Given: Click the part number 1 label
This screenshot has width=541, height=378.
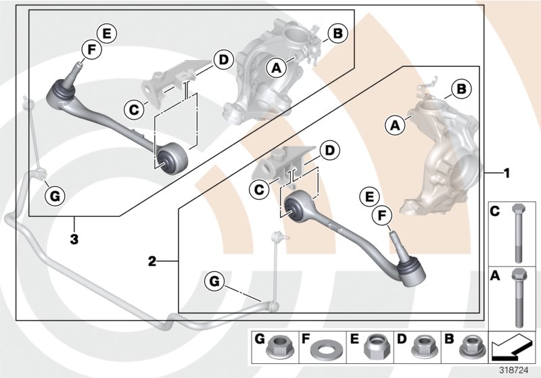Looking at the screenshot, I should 505,173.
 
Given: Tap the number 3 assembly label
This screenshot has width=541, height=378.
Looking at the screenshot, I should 74,238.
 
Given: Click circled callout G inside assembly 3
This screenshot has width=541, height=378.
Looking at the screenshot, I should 55,196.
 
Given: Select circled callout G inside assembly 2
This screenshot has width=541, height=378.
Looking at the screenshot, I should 214,280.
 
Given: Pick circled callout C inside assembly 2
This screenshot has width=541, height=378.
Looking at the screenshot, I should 258,191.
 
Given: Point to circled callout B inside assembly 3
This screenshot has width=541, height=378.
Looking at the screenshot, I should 338,32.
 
